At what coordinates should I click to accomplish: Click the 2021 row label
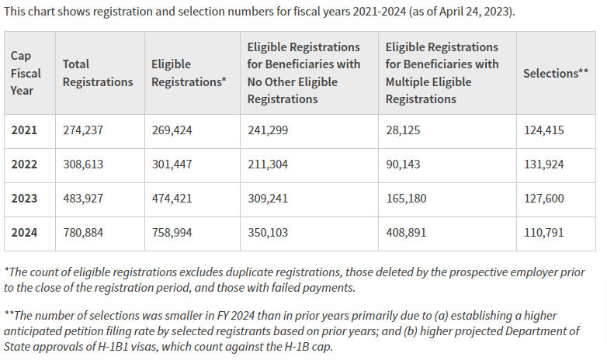23,130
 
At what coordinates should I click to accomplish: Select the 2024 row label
23,233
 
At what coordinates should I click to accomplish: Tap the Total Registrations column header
97,73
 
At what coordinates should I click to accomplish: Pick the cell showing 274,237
83,130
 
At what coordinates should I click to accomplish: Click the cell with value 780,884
83,233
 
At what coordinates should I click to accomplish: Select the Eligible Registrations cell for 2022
172,164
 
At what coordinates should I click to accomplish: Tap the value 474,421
172,199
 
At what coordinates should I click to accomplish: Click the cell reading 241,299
268,130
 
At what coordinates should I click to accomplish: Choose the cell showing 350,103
268,233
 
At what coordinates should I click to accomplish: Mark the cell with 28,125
403,130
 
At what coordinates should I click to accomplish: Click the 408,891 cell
406,233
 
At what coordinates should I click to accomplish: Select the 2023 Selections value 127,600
543,199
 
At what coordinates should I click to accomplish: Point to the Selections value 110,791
543,233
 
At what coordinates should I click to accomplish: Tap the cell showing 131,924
543,164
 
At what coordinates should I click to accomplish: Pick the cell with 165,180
406,199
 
